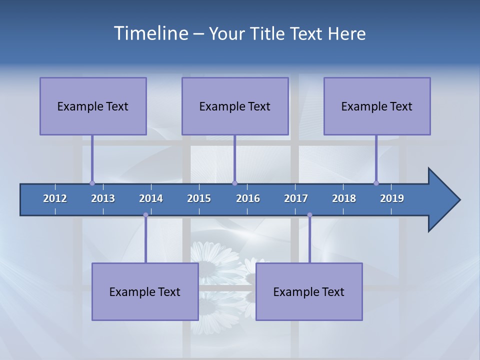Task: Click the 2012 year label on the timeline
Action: click(x=55, y=198)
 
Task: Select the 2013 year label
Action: click(x=103, y=198)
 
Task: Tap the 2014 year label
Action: click(x=151, y=198)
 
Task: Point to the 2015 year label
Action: click(x=199, y=198)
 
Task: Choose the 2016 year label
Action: click(x=248, y=198)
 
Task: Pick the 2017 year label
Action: click(x=296, y=198)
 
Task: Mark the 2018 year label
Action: click(x=344, y=198)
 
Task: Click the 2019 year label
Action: click(x=392, y=198)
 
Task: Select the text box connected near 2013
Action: click(x=93, y=106)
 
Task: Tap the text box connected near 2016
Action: click(x=235, y=106)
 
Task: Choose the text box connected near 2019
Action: click(x=377, y=106)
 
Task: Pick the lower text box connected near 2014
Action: click(x=145, y=291)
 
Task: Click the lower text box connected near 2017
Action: click(x=309, y=291)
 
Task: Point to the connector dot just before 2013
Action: click(x=92, y=183)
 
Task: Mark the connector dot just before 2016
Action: click(x=234, y=183)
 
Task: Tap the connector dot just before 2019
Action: click(x=376, y=183)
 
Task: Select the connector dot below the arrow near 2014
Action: click(x=145, y=215)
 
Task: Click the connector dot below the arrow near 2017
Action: click(x=309, y=215)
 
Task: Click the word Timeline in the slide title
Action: click(x=150, y=33)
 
